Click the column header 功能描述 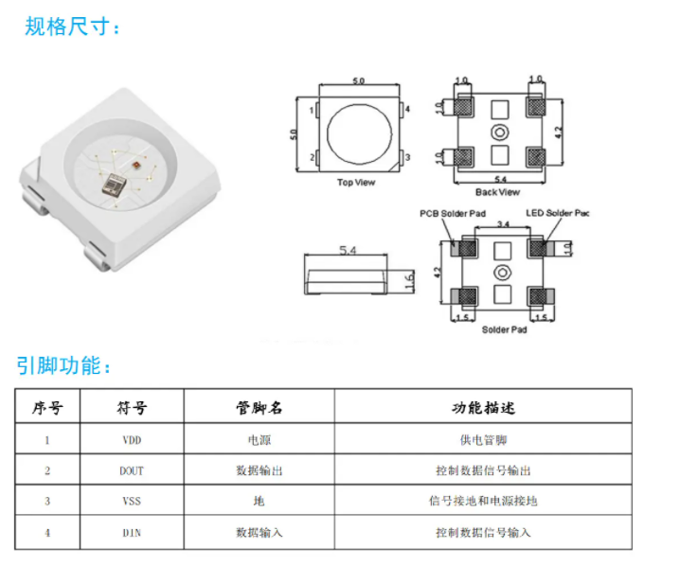(x=483, y=408)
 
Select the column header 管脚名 (x=259, y=408)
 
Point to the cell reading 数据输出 (x=259, y=470)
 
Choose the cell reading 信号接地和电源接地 (x=483, y=501)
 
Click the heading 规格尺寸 (x=72, y=26)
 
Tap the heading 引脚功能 (x=63, y=365)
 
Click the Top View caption (x=356, y=183)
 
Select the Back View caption (x=497, y=192)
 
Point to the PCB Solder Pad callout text (x=454, y=214)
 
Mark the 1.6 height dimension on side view (x=408, y=281)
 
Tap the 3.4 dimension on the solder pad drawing (x=505, y=225)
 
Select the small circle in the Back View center (x=499, y=133)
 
